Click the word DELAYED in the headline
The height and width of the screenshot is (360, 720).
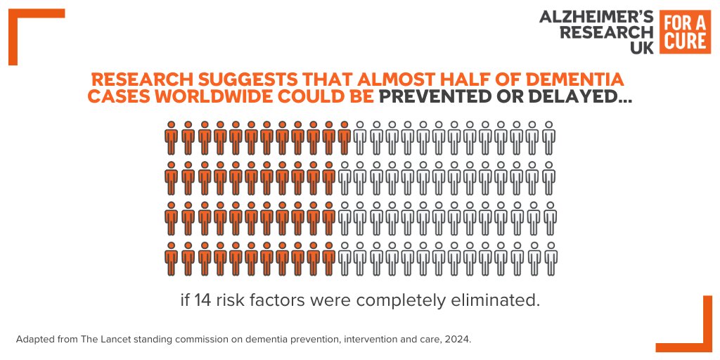point(584,97)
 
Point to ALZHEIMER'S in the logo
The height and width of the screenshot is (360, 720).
point(596,17)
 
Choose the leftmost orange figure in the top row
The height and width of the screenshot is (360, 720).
point(171,138)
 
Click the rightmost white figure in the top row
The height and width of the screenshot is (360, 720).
point(548,138)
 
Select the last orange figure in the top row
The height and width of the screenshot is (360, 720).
point(344,138)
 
